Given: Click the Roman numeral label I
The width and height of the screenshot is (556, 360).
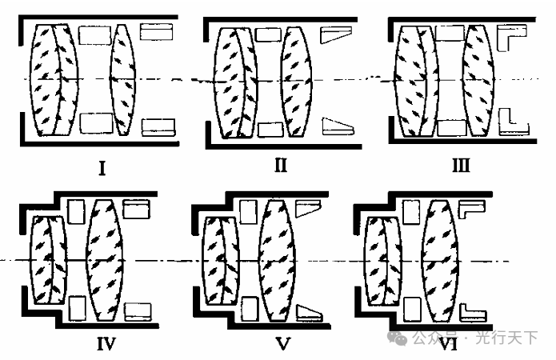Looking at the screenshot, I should pos(102,169).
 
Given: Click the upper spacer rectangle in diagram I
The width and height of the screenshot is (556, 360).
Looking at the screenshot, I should pos(96,36).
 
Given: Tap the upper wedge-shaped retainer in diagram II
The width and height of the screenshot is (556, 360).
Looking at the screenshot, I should pos(335,35).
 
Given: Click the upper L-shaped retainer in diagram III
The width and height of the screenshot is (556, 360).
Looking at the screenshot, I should pos(509,35).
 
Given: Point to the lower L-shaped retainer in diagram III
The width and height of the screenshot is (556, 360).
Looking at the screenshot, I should pos(509,122).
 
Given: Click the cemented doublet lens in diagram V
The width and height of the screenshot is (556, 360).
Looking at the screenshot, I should pos(219,261).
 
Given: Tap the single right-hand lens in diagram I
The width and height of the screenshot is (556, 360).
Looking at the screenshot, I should pos(122,79).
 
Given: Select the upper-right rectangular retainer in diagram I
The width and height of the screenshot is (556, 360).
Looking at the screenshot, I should pos(155,33).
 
